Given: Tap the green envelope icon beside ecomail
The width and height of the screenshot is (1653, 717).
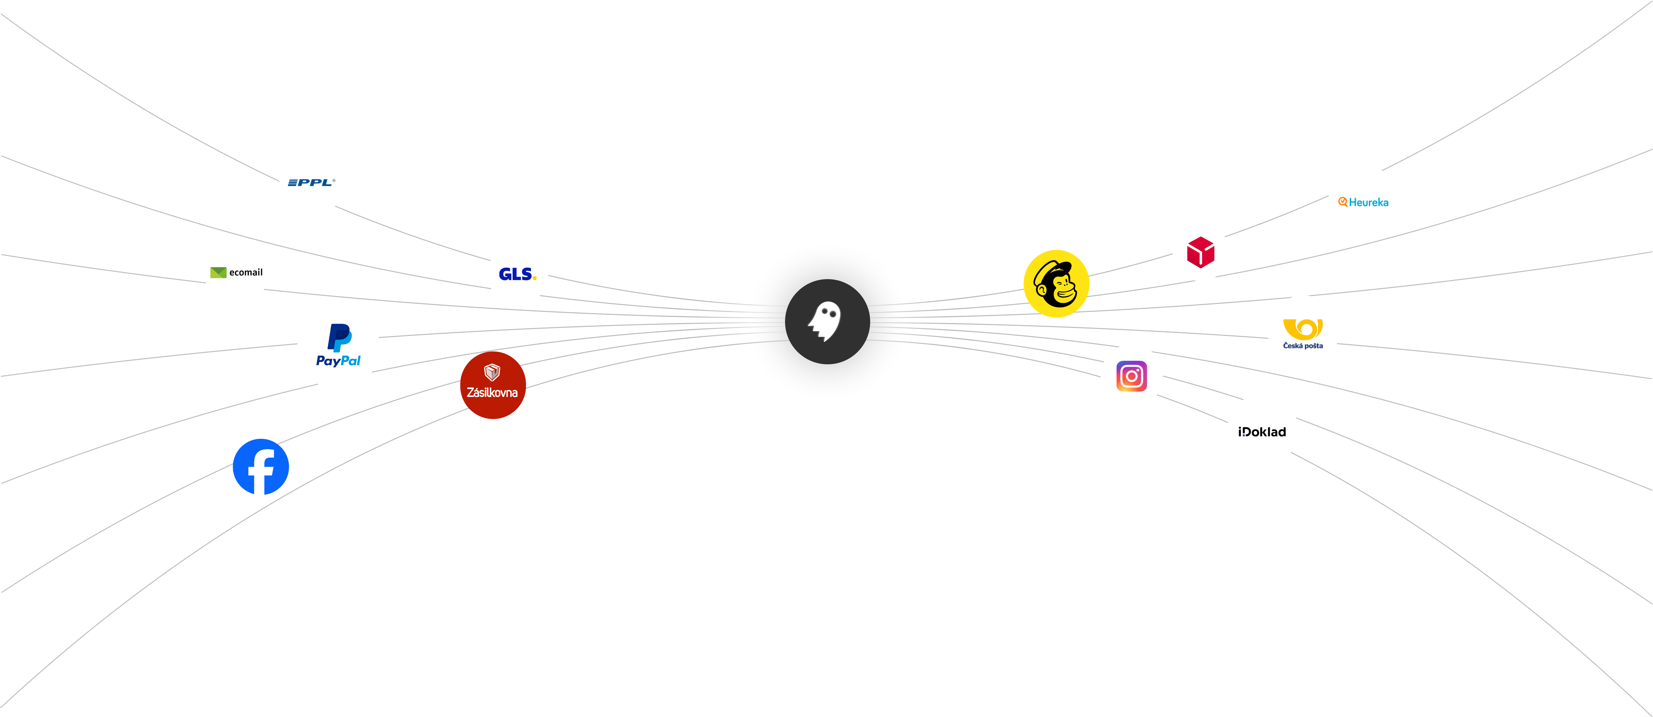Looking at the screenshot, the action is pos(218,272).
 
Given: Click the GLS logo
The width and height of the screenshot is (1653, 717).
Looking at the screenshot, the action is pos(517,274).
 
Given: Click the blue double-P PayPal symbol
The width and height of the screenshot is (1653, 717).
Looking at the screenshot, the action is pos(339,338).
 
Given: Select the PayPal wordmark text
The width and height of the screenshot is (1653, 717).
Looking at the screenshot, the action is pos(338,361).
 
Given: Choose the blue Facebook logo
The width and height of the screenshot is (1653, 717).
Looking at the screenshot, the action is pos(260,467).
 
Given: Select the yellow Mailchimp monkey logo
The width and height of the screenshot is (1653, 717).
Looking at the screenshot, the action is pos(1056,284).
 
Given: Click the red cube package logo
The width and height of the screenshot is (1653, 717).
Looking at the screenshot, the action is pos(1201,252).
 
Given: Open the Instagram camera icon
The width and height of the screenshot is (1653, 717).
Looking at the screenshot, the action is pos(1132,376).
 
